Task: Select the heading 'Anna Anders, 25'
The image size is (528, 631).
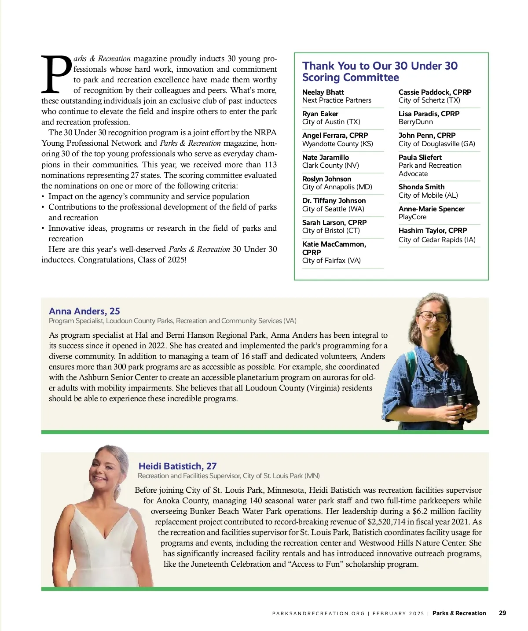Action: [84, 311]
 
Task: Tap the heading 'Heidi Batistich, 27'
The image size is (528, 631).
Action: [177, 466]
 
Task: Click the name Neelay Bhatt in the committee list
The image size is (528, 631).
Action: [323, 92]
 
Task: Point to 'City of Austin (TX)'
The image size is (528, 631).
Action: [331, 122]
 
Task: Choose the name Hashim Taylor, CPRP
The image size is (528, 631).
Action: [433, 230]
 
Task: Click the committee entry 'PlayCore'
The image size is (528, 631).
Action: [412, 217]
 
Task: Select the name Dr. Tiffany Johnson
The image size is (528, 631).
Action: [334, 200]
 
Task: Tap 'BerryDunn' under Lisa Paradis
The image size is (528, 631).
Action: [415, 122]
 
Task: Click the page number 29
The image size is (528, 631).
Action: [502, 613]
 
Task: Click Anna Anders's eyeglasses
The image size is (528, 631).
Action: [433, 317]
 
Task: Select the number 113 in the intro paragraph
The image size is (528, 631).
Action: [271, 164]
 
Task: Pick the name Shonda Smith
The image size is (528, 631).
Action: [421, 187]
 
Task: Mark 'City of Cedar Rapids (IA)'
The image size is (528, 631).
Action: [436, 240]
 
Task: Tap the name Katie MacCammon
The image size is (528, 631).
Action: [334, 244]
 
